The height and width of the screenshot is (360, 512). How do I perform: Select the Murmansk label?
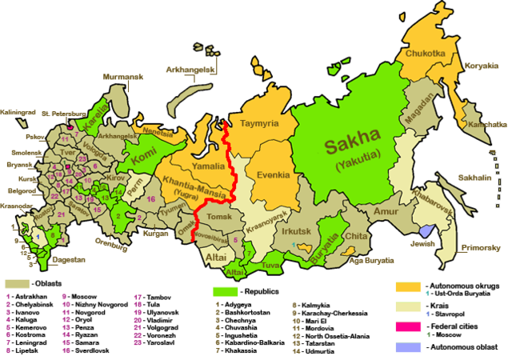121,77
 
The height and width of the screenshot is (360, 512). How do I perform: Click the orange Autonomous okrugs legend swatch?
409,286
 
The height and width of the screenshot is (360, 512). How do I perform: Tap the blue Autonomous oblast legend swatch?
409,349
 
